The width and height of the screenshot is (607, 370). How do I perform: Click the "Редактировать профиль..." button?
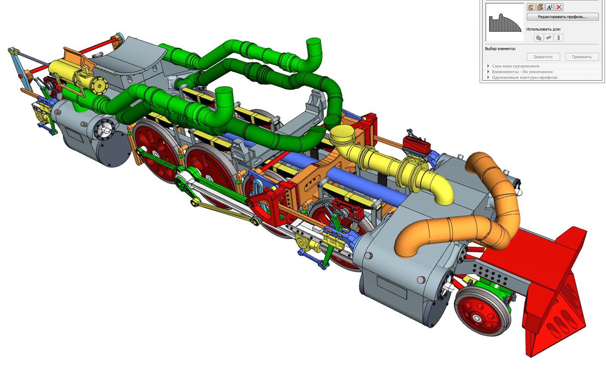(563, 17)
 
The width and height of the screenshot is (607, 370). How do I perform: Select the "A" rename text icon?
(550, 7)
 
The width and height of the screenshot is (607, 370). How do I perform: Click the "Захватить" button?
(543, 57)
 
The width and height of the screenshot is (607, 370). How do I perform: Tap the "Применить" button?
(582, 57)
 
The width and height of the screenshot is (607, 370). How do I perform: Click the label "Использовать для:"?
(543, 29)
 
